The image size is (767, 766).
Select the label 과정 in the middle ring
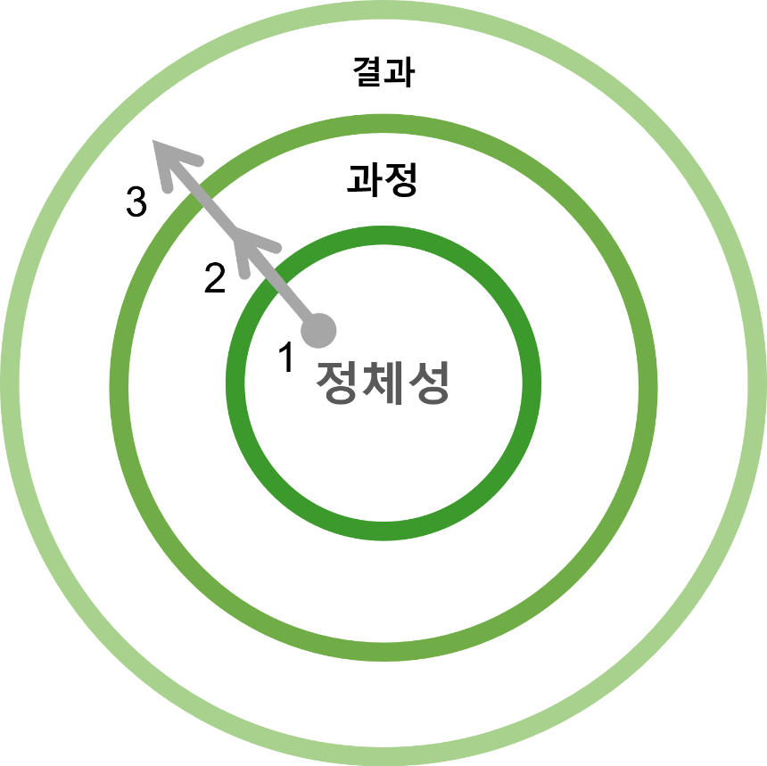point(383,181)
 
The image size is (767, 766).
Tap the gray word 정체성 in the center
point(383,383)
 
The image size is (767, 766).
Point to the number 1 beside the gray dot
point(285,358)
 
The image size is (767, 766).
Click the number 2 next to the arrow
point(215,279)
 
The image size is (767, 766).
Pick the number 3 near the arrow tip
point(136,203)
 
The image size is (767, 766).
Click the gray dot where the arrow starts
point(318,331)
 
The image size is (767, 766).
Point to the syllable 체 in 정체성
point(383,383)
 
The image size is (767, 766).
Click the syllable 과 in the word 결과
point(399,74)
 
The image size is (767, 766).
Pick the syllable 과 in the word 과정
point(366,181)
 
